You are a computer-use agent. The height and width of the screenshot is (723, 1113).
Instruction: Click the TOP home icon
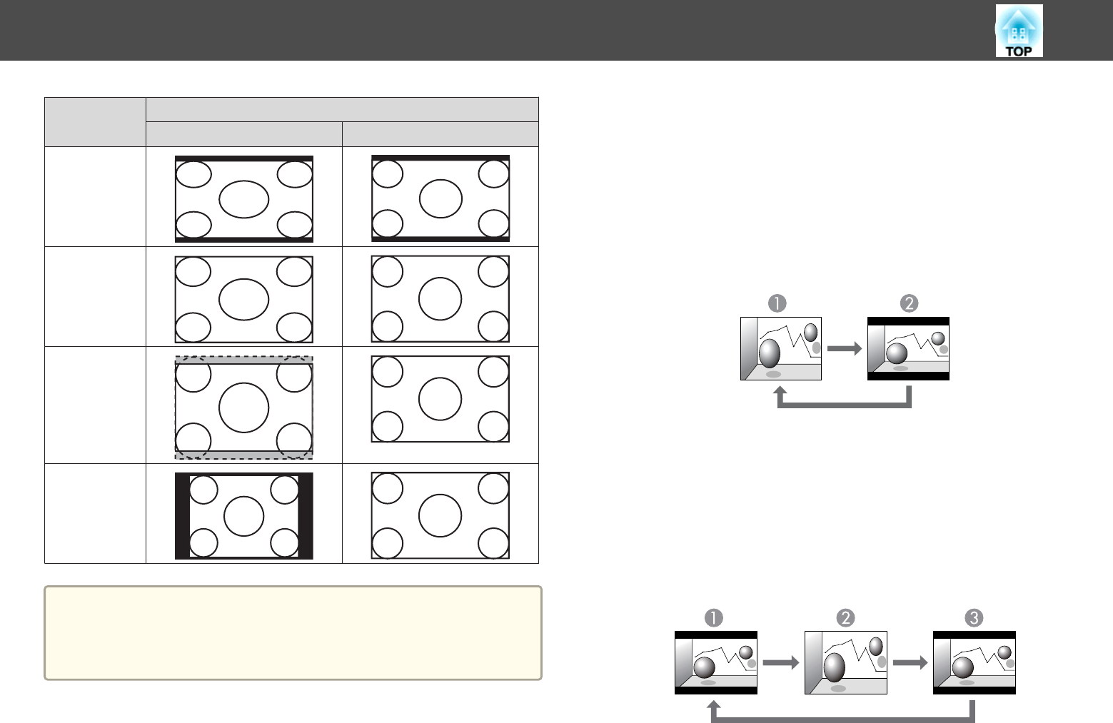pyautogui.click(x=1019, y=31)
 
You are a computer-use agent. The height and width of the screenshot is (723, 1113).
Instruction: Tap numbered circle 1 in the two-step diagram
pyautogui.click(x=777, y=303)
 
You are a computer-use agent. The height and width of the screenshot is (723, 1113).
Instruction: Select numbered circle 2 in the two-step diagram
pyautogui.click(x=910, y=303)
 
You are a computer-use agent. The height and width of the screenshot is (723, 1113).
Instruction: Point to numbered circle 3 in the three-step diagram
pyautogui.click(x=974, y=617)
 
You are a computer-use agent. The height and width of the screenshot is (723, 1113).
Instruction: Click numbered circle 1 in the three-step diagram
pyautogui.click(x=713, y=617)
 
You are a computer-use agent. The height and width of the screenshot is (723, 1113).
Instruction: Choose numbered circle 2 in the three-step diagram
pyautogui.click(x=846, y=617)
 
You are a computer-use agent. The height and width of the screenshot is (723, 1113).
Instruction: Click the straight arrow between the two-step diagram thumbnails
pyautogui.click(x=845, y=348)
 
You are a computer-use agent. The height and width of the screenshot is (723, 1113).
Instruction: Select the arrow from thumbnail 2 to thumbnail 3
pyautogui.click(x=910, y=662)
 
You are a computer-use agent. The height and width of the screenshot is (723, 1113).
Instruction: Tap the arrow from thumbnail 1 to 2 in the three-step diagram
pyautogui.click(x=780, y=662)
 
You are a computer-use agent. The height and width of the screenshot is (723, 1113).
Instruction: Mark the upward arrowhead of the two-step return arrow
pyautogui.click(x=780, y=392)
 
